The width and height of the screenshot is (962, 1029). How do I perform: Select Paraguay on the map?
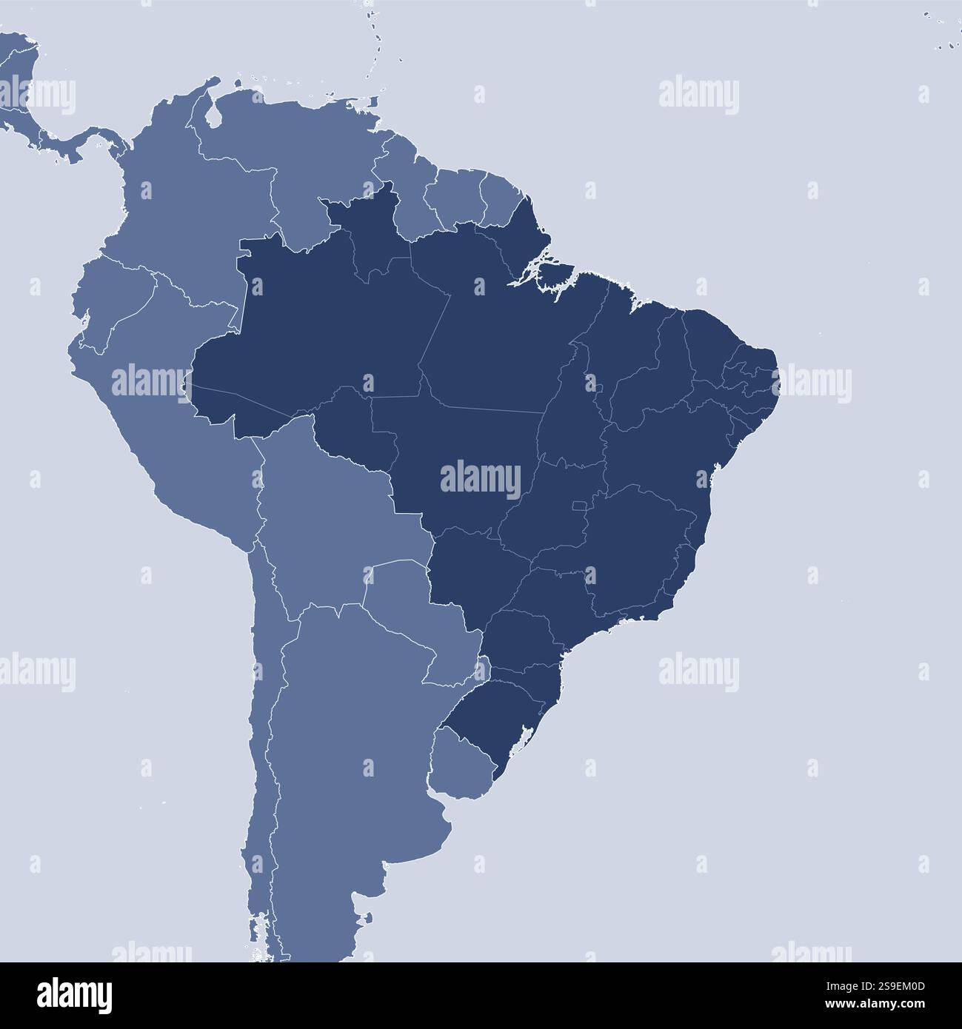(418, 614)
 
